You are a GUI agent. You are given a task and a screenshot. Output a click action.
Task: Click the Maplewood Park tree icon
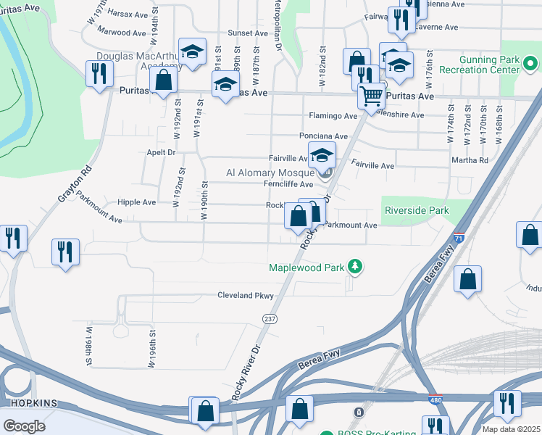355,268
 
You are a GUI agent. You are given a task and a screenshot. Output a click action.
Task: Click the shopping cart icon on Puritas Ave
371,94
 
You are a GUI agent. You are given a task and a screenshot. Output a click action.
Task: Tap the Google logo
24,426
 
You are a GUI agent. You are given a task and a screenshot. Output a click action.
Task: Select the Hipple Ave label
136,202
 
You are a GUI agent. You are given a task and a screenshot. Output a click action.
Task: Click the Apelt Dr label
161,153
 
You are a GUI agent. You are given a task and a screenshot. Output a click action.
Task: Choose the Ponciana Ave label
324,136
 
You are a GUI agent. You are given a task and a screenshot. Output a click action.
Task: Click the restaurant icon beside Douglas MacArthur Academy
98,73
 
